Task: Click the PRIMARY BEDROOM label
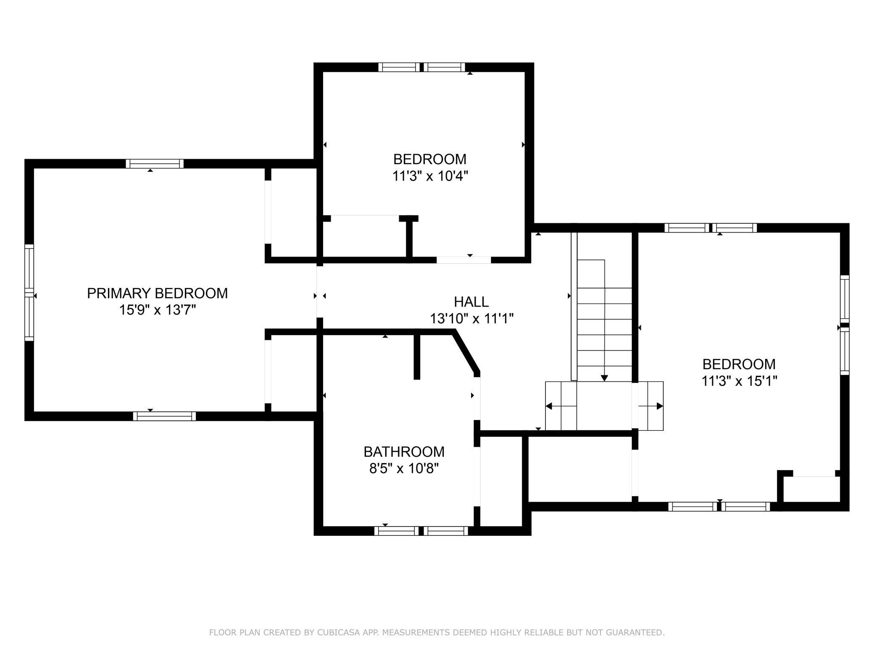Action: pyautogui.click(x=157, y=293)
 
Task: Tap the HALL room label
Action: pyautogui.click(x=471, y=301)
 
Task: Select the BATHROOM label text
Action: pyautogui.click(x=404, y=452)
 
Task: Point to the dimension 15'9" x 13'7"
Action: pyautogui.click(x=158, y=310)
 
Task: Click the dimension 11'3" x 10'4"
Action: pyautogui.click(x=430, y=176)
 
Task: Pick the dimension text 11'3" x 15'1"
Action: pyautogui.click(x=739, y=381)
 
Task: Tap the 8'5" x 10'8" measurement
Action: pyautogui.click(x=404, y=468)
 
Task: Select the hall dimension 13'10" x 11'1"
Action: pyautogui.click(x=471, y=319)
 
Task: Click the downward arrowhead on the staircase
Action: pyautogui.click(x=604, y=378)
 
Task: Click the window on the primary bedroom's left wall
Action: pyautogui.click(x=29, y=293)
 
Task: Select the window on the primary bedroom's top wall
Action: pyautogui.click(x=155, y=164)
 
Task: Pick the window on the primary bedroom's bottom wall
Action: pyautogui.click(x=164, y=416)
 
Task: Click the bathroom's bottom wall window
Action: pyautogui.click(x=421, y=531)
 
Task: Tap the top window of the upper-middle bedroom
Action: pyautogui.click(x=422, y=67)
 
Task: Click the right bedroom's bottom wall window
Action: pyautogui.click(x=719, y=506)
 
